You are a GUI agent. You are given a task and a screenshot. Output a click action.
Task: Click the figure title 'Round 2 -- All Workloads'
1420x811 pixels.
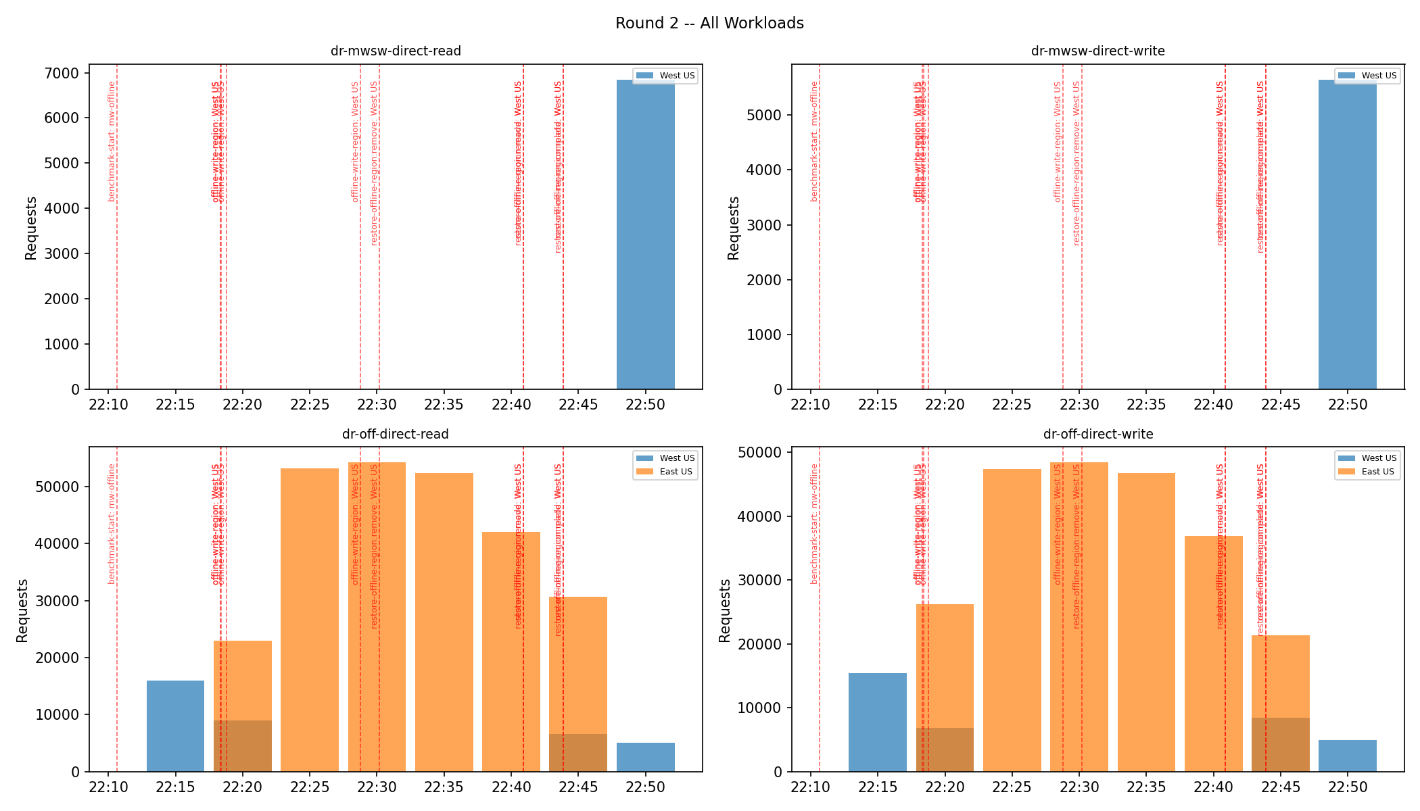tap(709, 23)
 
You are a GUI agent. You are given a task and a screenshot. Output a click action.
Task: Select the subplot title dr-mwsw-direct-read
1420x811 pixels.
tap(396, 51)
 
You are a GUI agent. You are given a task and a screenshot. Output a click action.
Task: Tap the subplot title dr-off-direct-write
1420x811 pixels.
tap(1098, 434)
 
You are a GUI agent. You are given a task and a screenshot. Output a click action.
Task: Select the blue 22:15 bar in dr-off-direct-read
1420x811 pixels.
tap(175, 726)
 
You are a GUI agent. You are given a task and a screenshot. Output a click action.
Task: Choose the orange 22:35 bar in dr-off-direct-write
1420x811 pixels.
tap(1146, 622)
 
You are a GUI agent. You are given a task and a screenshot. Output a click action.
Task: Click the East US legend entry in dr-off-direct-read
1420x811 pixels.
tap(676, 472)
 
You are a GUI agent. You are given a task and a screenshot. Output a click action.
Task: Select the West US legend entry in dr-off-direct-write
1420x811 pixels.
tap(1378, 458)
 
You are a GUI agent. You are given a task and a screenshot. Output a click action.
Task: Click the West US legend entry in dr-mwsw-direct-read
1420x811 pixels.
tap(677, 76)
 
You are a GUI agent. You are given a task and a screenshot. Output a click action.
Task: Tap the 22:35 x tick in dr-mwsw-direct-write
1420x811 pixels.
tap(1146, 405)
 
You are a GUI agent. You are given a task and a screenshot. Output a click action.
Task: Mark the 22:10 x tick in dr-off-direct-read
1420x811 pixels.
tap(108, 787)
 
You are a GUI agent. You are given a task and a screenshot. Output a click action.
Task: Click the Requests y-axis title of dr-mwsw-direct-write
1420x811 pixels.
tap(734, 228)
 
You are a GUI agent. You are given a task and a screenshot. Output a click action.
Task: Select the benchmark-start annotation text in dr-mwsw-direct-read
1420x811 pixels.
tap(112, 141)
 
